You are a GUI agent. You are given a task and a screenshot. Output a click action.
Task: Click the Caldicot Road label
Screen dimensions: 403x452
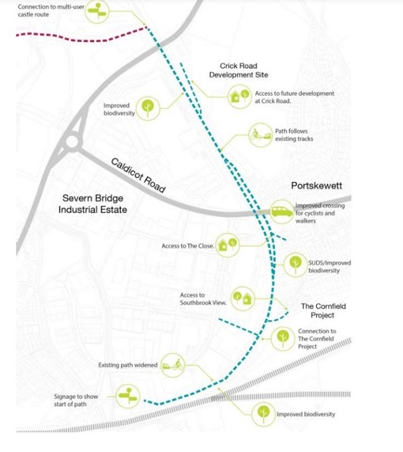[138, 175]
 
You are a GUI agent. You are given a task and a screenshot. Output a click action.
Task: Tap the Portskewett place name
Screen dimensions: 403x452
[317, 186]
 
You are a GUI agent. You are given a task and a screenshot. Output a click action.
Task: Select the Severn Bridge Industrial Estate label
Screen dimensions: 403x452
[92, 204]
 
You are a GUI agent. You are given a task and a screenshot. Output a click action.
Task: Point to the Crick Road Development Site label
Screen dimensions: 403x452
[238, 71]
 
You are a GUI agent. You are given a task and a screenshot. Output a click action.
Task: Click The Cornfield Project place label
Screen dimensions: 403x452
[323, 310]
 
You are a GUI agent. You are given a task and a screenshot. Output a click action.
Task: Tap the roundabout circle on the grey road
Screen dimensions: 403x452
[72, 142]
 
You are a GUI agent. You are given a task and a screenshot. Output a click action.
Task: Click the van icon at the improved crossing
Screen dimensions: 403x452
[282, 212]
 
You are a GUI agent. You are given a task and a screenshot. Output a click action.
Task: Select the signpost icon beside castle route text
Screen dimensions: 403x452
[97, 12]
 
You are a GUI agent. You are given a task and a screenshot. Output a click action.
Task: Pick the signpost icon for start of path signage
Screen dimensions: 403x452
[128, 396]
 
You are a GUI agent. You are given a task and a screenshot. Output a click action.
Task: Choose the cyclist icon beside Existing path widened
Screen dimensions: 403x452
[173, 365]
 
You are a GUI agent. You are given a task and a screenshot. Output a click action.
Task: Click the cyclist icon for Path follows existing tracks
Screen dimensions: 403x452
[261, 135]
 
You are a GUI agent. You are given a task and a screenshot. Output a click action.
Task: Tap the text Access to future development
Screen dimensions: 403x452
[294, 94]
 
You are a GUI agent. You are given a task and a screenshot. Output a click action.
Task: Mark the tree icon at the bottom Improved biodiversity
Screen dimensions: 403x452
[263, 415]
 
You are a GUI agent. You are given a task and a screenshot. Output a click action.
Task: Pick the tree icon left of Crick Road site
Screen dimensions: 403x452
[148, 109]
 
